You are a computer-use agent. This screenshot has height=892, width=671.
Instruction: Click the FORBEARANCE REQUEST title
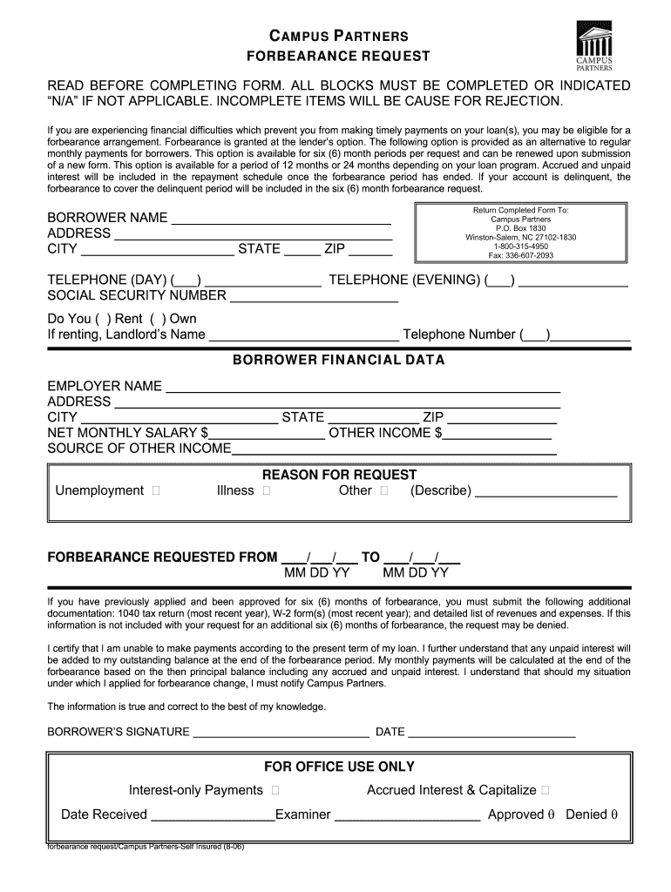[335, 57]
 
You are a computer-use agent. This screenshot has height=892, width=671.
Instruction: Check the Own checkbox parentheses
[158, 319]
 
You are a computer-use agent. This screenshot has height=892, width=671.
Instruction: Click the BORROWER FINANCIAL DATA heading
[338, 360]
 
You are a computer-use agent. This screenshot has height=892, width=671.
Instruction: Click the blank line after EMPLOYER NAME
[362, 389]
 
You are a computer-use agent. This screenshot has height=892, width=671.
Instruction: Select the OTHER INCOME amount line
[498, 436]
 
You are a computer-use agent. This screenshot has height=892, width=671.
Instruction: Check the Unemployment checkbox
[155, 491]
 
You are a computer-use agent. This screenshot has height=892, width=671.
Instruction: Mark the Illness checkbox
[266, 491]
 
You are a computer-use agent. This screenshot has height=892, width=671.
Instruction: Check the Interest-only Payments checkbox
[275, 791]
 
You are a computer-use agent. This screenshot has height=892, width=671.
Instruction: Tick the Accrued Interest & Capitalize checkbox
[545, 791]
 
